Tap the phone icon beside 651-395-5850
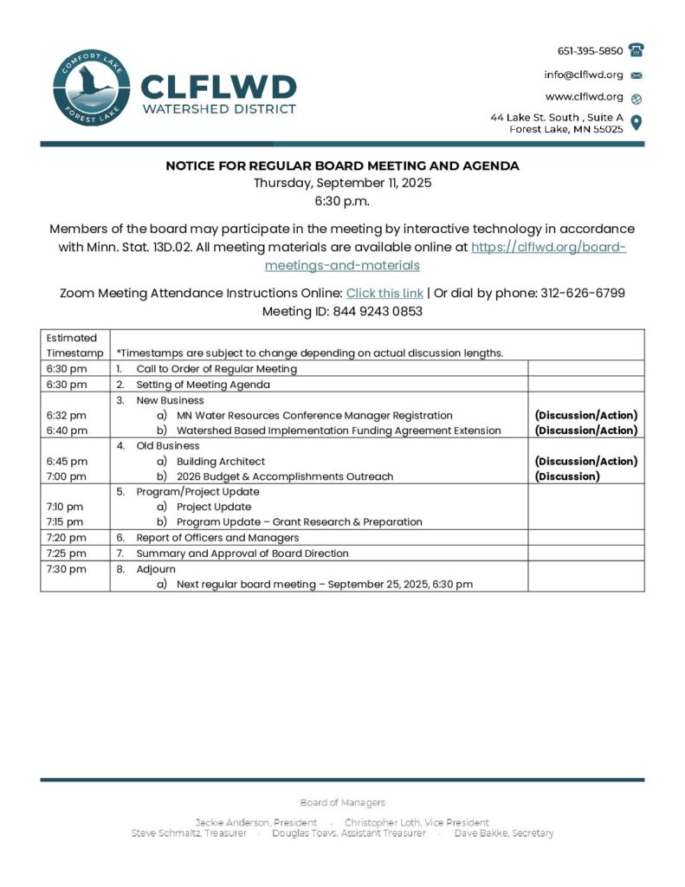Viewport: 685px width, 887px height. click(637, 50)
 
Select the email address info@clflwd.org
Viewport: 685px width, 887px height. click(584, 74)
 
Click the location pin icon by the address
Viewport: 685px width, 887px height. click(637, 122)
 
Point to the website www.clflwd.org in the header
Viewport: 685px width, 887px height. click(584, 97)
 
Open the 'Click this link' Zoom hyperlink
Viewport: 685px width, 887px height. click(385, 293)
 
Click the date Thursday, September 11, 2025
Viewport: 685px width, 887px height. click(342, 183)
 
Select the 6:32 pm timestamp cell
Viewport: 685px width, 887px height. click(67, 416)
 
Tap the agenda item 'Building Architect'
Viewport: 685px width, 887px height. click(221, 462)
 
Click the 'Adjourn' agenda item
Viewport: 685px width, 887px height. click(156, 569)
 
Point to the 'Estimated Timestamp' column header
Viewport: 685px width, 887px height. click(72, 345)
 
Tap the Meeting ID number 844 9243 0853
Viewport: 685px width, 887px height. click(378, 311)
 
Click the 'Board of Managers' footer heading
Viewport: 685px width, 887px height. click(342, 803)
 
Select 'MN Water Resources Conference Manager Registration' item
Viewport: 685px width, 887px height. click(314, 416)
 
